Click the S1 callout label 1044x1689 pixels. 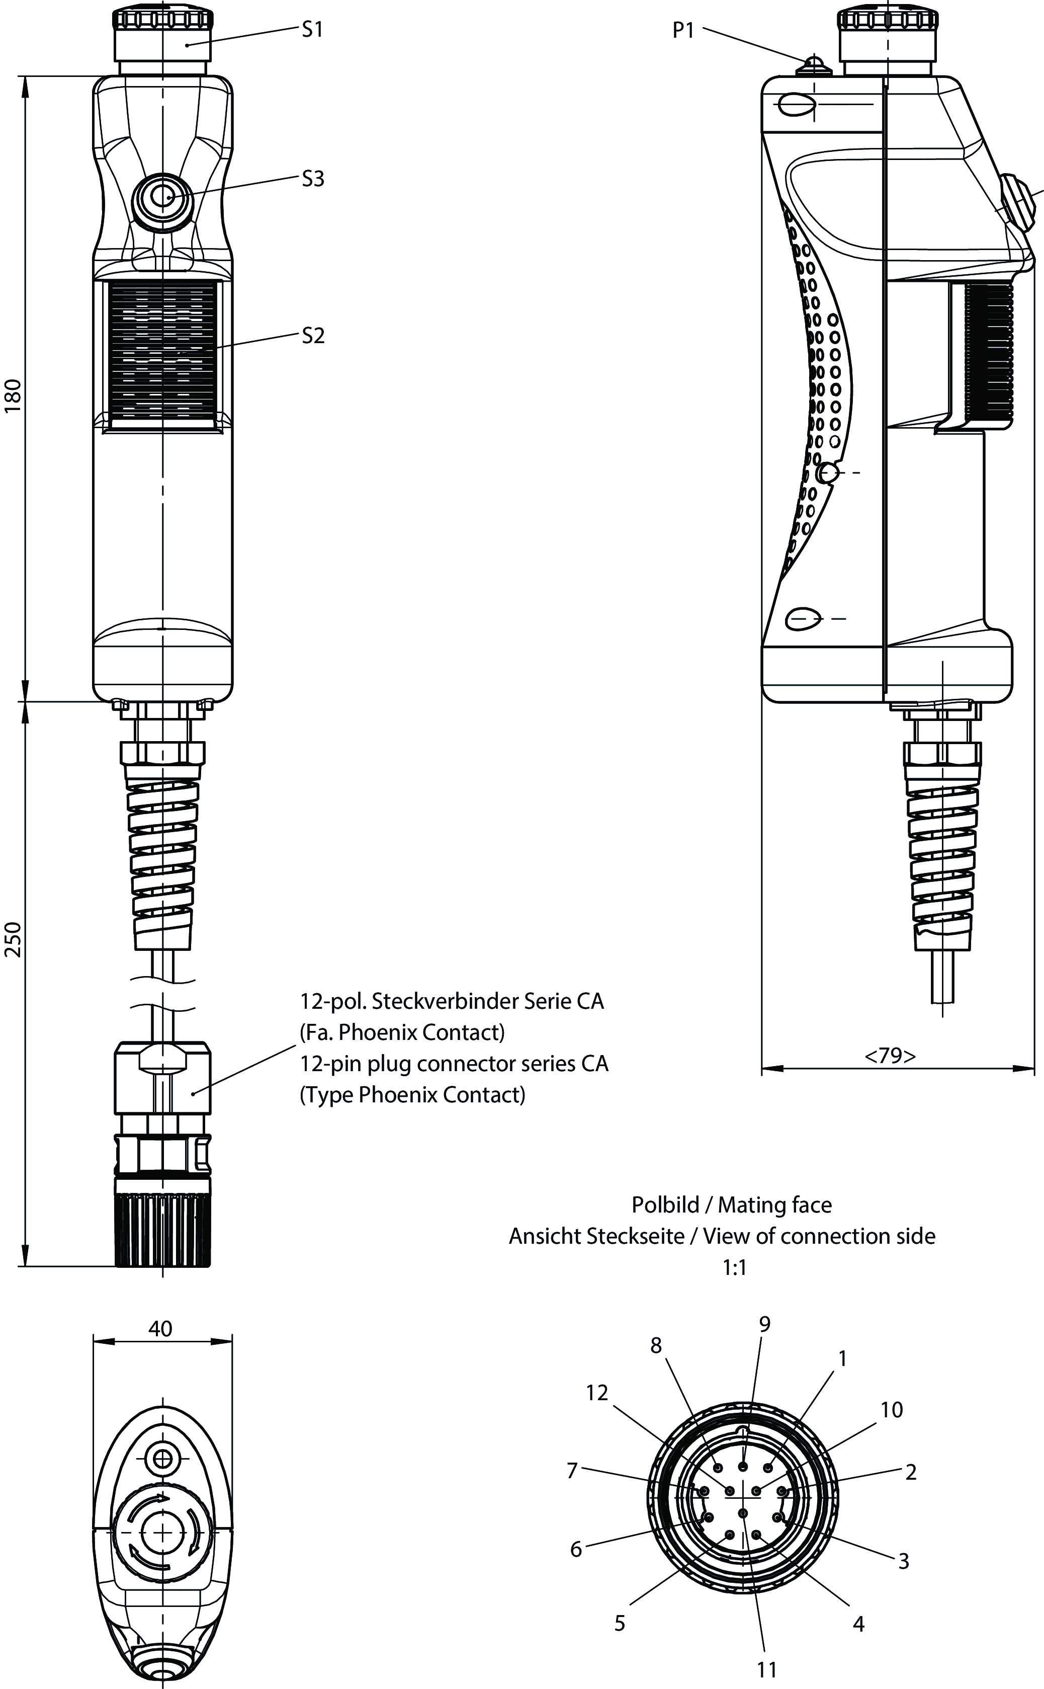point(313,29)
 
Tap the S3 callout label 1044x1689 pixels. point(313,179)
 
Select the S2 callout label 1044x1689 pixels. point(313,336)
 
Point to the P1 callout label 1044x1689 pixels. point(683,30)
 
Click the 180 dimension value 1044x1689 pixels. point(14,396)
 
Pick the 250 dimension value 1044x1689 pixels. point(14,939)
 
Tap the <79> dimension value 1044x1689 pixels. point(890,1056)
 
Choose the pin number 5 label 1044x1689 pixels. point(620,1624)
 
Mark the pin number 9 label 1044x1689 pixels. point(764,1324)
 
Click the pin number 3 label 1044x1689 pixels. point(903,1561)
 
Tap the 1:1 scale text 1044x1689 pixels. point(735,1267)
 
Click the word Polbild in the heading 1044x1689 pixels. point(666,1205)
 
